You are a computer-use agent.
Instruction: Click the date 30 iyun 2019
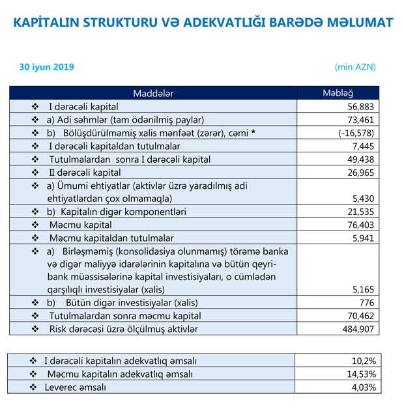pyautogui.click(x=47, y=67)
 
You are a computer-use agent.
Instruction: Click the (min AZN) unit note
pyautogui.click(x=354, y=67)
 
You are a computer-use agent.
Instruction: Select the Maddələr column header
pyautogui.click(x=152, y=94)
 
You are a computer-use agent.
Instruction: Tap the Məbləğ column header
pyautogui.click(x=338, y=94)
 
